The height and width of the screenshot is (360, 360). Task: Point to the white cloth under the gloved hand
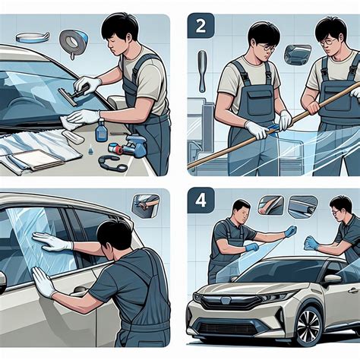[74, 121]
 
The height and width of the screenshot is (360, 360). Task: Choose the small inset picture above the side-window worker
[146, 204]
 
